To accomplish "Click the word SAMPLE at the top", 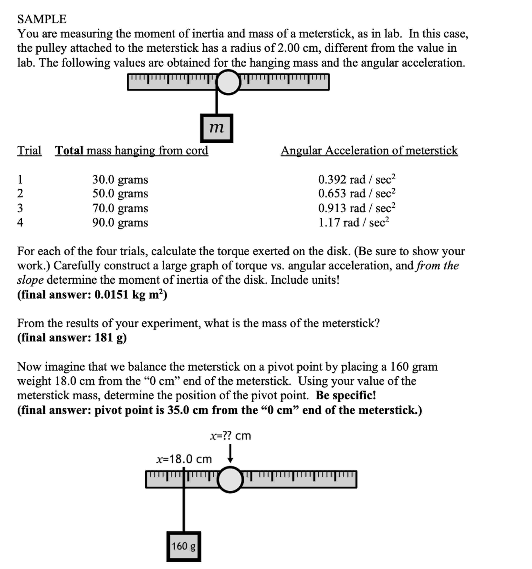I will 42,19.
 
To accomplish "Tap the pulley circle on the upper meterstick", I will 228,82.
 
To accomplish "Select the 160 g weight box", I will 183,546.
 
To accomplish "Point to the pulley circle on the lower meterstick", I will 230,480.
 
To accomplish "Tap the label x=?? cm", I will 230,436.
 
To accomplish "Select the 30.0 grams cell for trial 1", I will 120,179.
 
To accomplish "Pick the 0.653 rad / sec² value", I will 356,194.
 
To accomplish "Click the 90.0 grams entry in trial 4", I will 120,222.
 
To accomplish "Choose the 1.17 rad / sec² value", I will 354,222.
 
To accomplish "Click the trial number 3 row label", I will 20,208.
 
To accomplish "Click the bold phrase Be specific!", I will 346,395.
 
